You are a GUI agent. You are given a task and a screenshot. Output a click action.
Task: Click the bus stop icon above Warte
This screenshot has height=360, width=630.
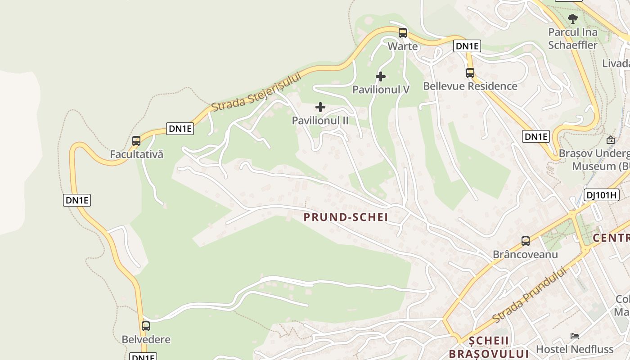[403, 33]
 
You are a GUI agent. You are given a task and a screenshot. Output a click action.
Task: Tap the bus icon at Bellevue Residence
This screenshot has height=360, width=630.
[470, 72]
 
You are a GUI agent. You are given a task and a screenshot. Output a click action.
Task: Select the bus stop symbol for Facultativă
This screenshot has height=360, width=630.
[136, 141]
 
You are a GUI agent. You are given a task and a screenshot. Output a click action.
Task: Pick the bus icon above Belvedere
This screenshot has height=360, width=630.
[146, 326]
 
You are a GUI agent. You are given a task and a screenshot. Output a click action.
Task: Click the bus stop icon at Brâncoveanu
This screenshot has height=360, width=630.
[526, 241]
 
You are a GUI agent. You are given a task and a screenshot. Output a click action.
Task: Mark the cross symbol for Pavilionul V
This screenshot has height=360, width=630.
[381, 76]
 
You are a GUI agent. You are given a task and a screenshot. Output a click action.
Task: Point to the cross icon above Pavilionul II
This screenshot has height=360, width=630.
[320, 107]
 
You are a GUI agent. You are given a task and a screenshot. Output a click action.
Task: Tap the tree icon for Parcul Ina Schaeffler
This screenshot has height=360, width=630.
[573, 19]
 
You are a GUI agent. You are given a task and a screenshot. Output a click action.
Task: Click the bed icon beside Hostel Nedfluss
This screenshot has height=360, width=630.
[575, 336]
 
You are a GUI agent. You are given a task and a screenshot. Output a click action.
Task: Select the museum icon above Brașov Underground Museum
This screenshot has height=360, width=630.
[611, 140]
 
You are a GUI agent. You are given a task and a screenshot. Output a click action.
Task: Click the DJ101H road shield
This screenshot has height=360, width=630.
[601, 195]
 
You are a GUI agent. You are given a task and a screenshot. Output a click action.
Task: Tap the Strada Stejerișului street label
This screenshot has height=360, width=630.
[256, 92]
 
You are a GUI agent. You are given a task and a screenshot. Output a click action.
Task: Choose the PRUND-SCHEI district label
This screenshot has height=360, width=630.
[346, 217]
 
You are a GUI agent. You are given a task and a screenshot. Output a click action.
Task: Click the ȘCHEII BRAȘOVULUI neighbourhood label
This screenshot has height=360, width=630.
[489, 346]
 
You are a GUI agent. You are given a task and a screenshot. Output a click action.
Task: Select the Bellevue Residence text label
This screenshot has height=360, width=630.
[470, 86]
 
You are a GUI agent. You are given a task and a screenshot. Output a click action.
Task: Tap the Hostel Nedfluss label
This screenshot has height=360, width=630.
[575, 349]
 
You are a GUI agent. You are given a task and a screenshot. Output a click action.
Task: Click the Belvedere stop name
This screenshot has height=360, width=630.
[146, 339]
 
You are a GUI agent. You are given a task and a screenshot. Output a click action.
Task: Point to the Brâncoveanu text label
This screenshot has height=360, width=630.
[525, 254]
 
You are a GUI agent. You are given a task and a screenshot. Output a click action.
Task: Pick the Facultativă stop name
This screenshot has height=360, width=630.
[137, 154]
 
